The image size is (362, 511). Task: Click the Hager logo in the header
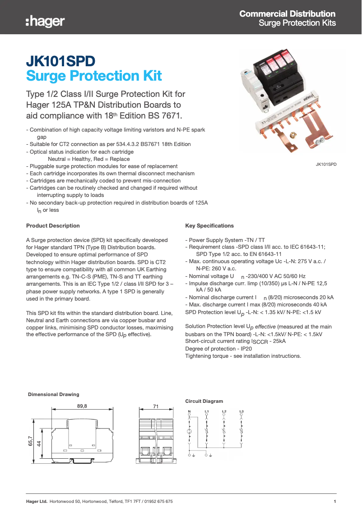(x=45, y=21)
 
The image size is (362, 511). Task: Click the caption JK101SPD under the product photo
(x=326, y=165)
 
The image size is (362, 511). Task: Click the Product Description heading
(x=53, y=226)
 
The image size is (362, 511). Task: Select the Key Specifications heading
(x=209, y=226)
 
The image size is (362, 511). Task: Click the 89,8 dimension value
(x=82, y=406)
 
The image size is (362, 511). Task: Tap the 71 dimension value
(x=156, y=406)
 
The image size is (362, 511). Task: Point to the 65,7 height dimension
(x=31, y=441)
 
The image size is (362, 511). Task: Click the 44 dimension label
(x=39, y=443)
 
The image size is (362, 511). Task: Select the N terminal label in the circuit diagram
(x=189, y=411)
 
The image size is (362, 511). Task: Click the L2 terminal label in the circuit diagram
(x=224, y=411)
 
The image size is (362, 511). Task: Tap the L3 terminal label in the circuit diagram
(x=241, y=411)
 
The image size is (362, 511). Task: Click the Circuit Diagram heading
(x=204, y=401)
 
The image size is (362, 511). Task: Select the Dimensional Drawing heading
(x=53, y=395)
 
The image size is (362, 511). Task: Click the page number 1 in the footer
(x=334, y=502)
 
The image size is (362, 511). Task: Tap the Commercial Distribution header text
(x=287, y=14)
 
